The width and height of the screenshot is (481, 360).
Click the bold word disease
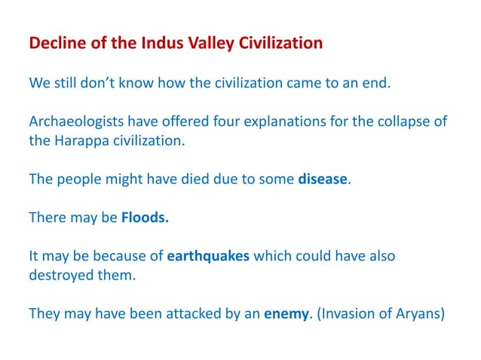click(x=323, y=178)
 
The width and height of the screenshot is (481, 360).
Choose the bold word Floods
click(x=145, y=218)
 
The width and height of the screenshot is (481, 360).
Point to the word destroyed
click(x=62, y=275)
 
